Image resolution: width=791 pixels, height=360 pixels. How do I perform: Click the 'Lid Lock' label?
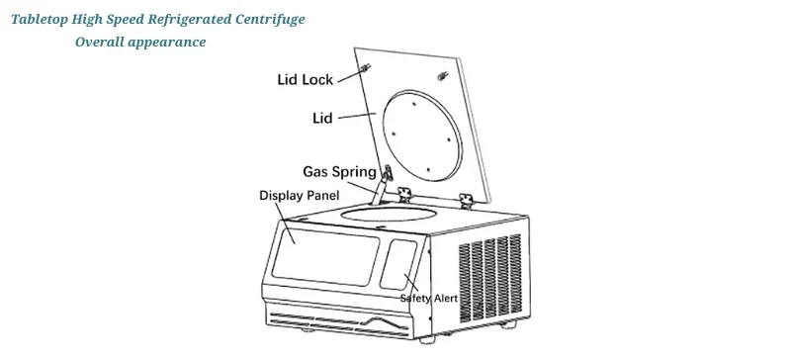point(305,80)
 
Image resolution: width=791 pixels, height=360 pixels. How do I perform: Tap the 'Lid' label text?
point(321,118)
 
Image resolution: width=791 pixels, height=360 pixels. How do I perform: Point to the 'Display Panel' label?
point(298,195)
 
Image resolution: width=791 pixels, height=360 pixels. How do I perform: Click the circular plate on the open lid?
point(420,130)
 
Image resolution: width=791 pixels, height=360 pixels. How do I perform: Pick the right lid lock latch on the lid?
point(441,76)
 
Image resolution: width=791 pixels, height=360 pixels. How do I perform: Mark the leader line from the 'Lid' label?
point(354,117)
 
